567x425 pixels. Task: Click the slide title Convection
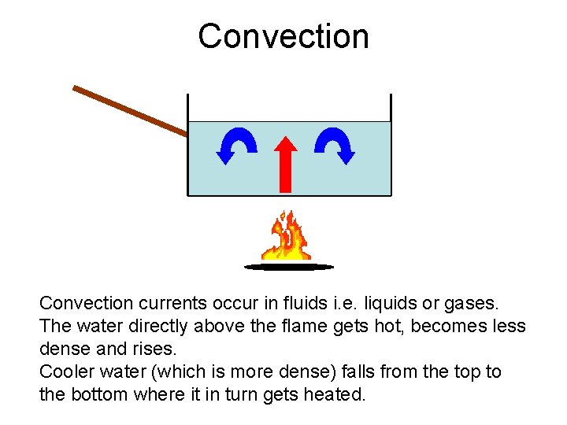pos(283,36)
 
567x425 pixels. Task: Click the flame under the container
pos(288,236)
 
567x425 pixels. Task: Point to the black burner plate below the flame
pos(289,267)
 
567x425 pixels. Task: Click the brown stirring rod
pos(130,110)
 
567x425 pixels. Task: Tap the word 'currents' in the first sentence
pos(173,303)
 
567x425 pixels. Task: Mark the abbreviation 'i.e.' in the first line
pos(334,303)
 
